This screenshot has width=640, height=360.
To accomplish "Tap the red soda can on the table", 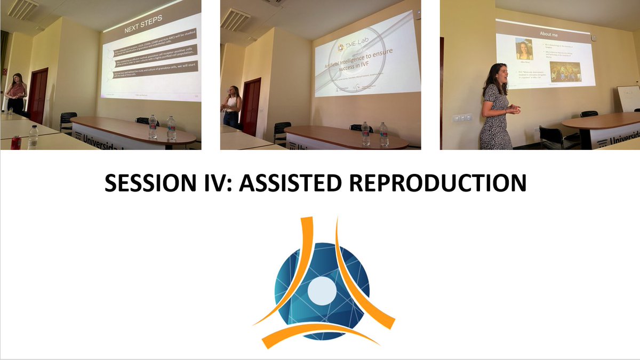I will (x=15, y=142).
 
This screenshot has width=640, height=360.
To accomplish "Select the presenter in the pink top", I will (x=16, y=93).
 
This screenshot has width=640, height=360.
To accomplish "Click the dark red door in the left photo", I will (x=39, y=95).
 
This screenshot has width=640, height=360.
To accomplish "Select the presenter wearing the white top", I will (x=233, y=106).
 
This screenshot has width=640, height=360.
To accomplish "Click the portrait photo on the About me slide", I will (x=524, y=50).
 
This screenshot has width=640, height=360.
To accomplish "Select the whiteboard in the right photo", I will (x=628, y=98).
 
